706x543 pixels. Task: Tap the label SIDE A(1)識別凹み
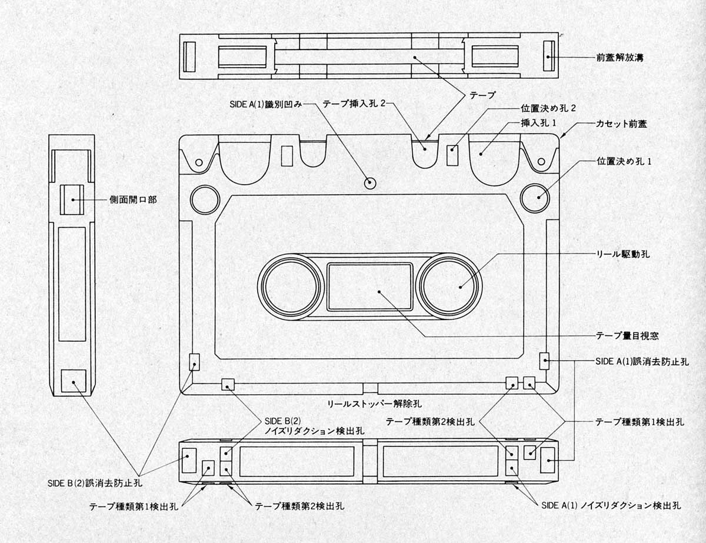pyautogui.click(x=265, y=104)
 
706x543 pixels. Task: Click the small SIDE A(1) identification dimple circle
pyautogui.click(x=369, y=182)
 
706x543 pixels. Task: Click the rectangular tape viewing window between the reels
pyautogui.click(x=369, y=287)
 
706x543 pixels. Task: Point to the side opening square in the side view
pyautogui.click(x=72, y=199)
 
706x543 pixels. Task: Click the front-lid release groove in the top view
pyautogui.click(x=548, y=56)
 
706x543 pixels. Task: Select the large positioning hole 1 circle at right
pyautogui.click(x=535, y=198)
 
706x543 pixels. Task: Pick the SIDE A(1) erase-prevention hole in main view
pyautogui.click(x=544, y=361)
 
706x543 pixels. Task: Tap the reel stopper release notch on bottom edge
pyautogui.click(x=370, y=388)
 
